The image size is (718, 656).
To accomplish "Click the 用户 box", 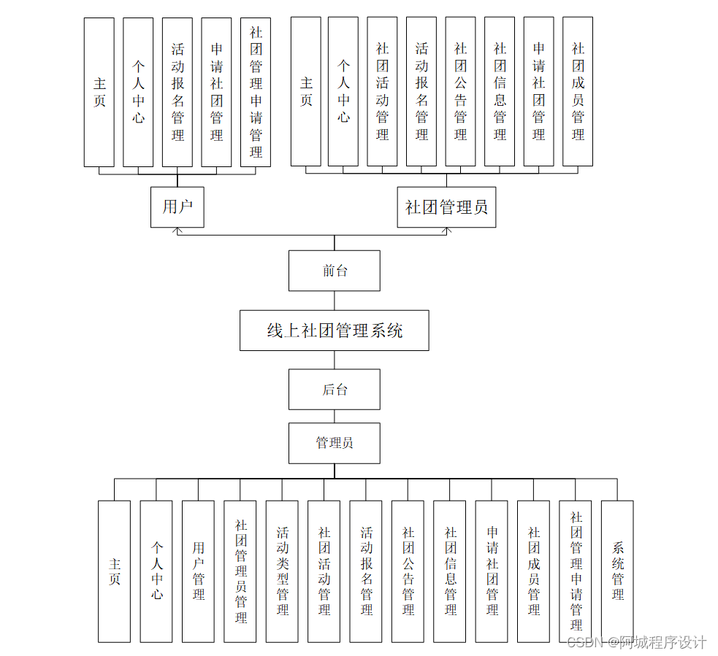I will [177, 207].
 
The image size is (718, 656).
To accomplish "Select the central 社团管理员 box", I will [446, 207].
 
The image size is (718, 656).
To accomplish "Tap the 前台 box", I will [335, 271].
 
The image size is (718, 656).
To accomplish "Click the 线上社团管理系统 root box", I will [335, 331].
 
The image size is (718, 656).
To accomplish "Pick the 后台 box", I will [335, 389].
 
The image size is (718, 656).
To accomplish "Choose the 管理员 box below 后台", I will [335, 443].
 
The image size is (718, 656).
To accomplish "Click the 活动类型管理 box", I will [282, 571].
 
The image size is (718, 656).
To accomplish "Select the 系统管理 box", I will [617, 571].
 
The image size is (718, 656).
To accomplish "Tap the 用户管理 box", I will [198, 571].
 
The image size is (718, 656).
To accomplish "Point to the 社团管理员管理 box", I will [240, 571].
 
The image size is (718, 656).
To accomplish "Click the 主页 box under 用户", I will [99, 92].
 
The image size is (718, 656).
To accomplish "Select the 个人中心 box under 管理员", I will [156, 571].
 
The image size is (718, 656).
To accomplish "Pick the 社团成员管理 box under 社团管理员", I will [578, 92].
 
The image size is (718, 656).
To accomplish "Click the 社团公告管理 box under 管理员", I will [408, 571].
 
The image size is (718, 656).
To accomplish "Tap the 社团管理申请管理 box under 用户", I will [256, 92].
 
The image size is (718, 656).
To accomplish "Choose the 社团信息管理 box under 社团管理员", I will [500, 92].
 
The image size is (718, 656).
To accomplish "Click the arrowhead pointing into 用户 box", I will [177, 231].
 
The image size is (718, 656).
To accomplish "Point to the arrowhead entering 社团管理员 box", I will [447, 231].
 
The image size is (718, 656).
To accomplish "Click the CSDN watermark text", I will [636, 642].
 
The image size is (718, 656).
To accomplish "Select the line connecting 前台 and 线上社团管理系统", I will [335, 301].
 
